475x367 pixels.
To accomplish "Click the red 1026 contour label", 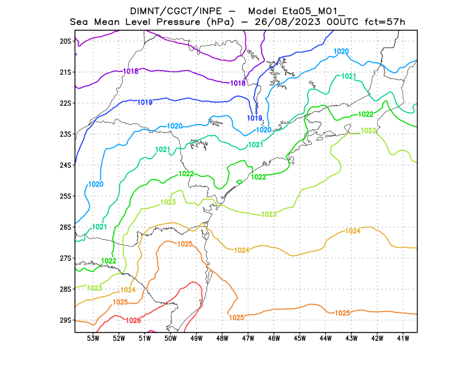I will click(134, 321).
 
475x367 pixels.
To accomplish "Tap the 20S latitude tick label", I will click(65, 41).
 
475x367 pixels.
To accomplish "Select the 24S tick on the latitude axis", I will click(65, 165).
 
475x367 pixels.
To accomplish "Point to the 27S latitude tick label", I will click(65, 258).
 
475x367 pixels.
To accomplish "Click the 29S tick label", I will click(65, 320).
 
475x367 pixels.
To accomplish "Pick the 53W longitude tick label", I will click(93, 338).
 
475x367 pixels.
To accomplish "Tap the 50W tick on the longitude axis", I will click(170, 338).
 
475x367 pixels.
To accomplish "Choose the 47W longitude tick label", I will click(248, 338).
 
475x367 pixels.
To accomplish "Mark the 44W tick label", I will click(325, 338).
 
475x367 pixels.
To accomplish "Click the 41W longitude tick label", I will click(403, 338).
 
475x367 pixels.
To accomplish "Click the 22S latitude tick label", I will click(65, 103).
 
